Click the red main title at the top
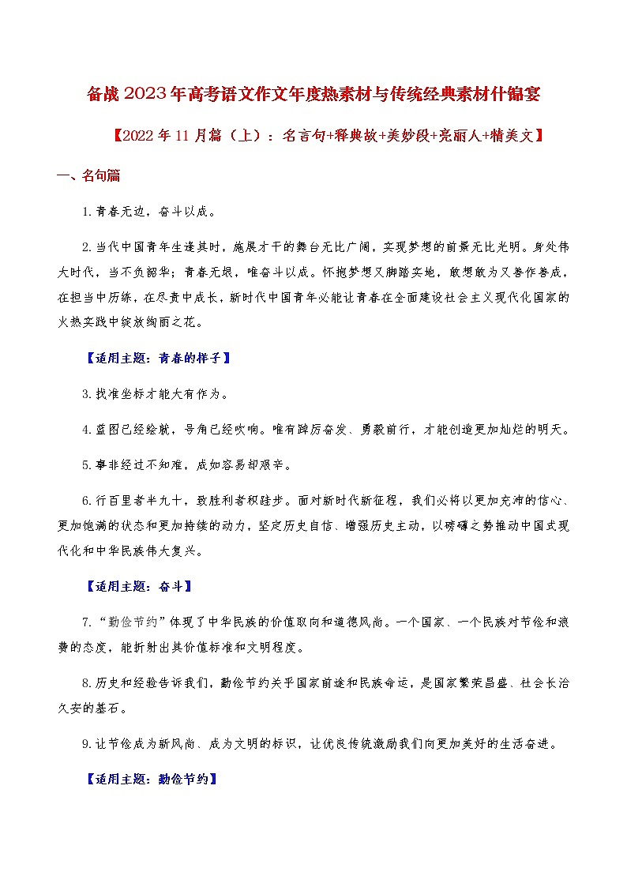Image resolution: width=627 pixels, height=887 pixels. pyautogui.click(x=313, y=96)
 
